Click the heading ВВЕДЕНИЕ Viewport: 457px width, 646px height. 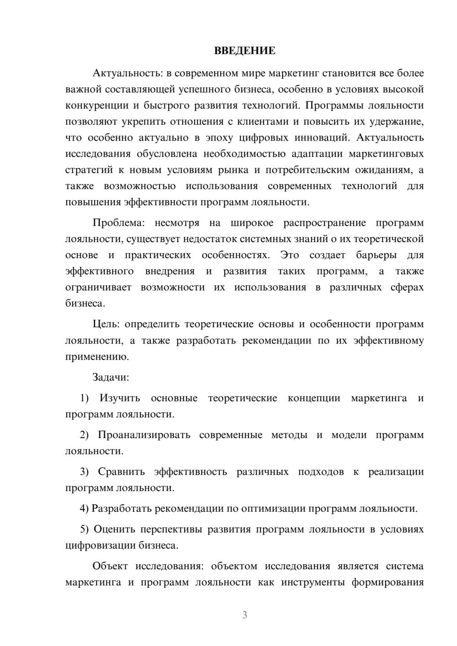(x=244, y=51)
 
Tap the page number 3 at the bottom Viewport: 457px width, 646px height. (x=244, y=615)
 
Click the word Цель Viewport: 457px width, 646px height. (x=106, y=324)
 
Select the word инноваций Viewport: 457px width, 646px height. (x=323, y=138)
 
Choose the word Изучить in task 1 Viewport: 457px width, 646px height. (x=120, y=398)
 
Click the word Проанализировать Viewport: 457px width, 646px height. (x=144, y=434)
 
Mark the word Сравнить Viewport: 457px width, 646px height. (x=121, y=471)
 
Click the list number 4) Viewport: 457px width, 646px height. (x=84, y=508)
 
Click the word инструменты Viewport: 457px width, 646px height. (x=311, y=582)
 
